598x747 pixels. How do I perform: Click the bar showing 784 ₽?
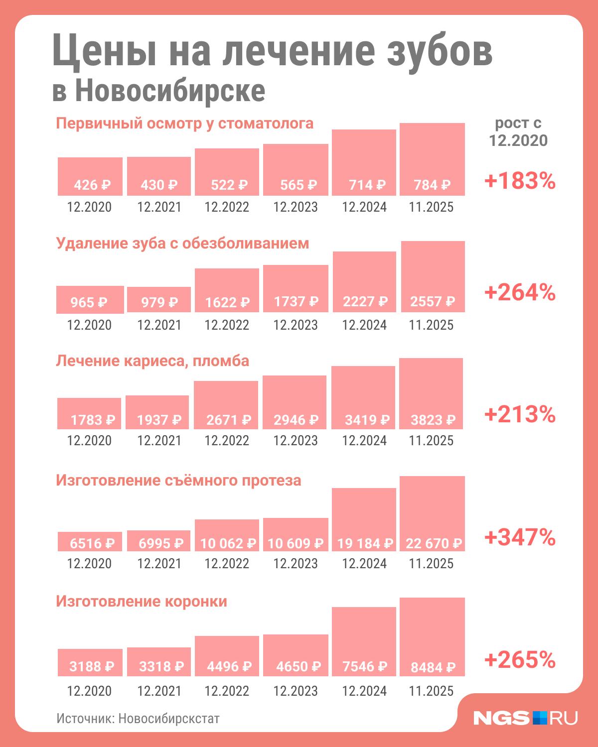click(x=432, y=159)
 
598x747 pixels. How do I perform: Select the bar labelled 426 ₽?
click(x=90, y=176)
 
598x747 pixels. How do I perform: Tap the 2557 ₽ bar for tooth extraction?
click(x=433, y=277)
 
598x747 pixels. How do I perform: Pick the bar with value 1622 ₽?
click(x=227, y=290)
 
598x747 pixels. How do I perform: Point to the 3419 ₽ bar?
click(x=364, y=397)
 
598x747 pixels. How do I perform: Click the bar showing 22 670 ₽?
click(x=432, y=513)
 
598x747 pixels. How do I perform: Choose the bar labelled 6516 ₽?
click(x=90, y=541)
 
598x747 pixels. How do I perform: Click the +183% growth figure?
click(x=520, y=182)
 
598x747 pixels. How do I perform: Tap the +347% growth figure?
click(x=520, y=537)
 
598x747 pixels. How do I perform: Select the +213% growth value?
click(x=520, y=414)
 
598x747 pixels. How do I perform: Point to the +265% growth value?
click(x=520, y=660)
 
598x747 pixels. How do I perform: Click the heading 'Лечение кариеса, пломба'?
click(x=152, y=361)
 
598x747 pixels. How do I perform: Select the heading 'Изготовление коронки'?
click(x=142, y=602)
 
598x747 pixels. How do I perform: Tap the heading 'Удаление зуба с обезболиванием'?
click(x=182, y=243)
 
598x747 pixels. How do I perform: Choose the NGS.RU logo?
click(x=525, y=718)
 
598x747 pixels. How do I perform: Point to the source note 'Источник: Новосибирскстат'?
click(x=138, y=719)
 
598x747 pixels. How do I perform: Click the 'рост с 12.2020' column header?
click(x=518, y=132)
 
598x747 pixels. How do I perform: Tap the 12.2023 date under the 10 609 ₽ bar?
click(x=295, y=563)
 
